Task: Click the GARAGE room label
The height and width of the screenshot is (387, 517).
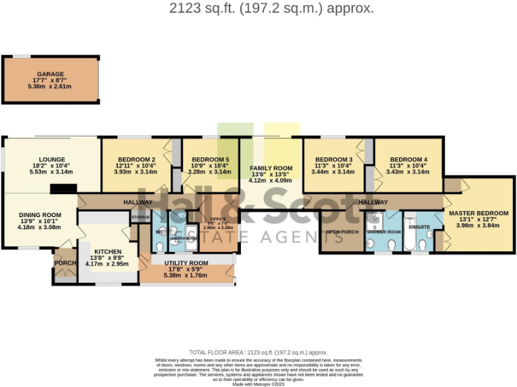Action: click(50, 74)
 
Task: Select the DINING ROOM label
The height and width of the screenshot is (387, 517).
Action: click(38, 214)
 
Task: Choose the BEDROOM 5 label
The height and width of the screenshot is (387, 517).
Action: click(205, 159)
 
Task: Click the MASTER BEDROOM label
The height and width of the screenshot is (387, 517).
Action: click(479, 213)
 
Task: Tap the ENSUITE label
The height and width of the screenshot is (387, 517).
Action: click(419, 227)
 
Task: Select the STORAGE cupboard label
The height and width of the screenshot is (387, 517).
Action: click(141, 218)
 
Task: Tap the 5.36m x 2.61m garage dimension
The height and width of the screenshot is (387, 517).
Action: click(50, 87)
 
